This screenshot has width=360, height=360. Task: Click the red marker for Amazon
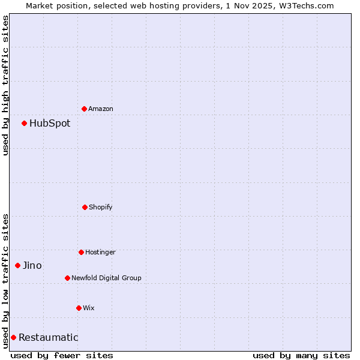pos(85,109)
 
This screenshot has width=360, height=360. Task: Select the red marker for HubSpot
pos(25,124)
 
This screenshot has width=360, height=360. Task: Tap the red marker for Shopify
pos(85,207)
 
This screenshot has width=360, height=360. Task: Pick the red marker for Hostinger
pos(81,252)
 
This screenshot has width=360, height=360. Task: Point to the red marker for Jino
pos(18,265)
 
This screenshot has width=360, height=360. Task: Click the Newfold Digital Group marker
pos(67,278)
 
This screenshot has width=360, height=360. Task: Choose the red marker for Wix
pos(79,308)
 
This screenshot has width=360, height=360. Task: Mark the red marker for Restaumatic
pos(13,337)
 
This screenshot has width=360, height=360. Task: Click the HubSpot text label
pos(50,124)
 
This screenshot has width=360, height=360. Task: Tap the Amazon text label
pos(101,109)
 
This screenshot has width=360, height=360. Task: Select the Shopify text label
pos(101,207)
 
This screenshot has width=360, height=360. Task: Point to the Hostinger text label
pos(100,252)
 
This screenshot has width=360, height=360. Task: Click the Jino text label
pos(32,265)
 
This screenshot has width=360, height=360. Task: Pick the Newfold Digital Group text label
pos(106,278)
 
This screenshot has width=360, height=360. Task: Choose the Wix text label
pos(89,308)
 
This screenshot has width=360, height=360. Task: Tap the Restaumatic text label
pos(49,337)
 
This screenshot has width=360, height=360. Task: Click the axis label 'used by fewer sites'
pos(62,355)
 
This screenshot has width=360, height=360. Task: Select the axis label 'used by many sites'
pos(301,355)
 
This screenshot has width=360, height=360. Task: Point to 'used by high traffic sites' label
pos(5,85)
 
